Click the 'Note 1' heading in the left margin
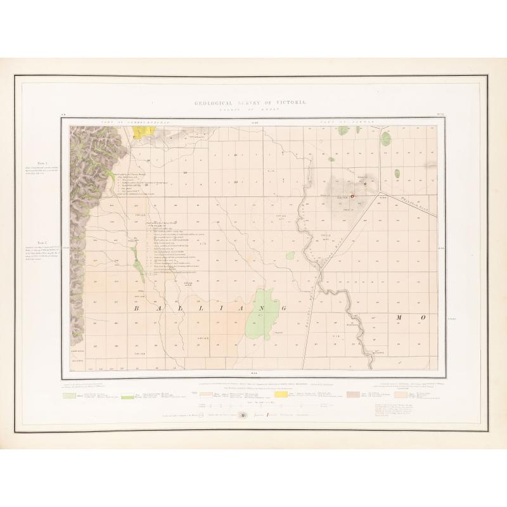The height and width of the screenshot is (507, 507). click(43, 163)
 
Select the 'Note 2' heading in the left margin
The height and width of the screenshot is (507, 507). click(43, 243)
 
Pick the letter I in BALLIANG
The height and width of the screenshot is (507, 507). click(207, 308)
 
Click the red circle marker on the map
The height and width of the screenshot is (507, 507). click(352, 196)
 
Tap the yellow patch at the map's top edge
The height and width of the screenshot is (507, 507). click(143, 131)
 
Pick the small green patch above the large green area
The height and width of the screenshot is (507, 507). click(290, 255)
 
